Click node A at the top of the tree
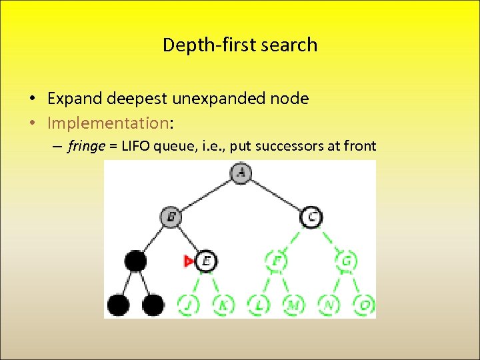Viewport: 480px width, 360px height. point(241,173)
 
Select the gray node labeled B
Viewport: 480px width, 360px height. point(171,217)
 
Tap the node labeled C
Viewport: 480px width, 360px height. point(311,217)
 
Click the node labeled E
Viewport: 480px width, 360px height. point(206,261)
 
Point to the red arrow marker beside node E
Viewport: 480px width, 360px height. point(189,261)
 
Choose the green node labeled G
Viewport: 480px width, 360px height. point(347,261)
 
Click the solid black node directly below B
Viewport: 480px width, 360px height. point(135,261)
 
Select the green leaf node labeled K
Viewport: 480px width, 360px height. point(223,305)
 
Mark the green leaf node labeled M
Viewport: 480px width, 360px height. point(293,305)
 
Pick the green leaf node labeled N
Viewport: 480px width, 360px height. point(329,305)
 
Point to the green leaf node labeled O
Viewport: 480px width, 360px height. point(364,305)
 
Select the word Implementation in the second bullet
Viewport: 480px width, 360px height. point(108,123)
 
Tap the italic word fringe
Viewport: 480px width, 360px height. point(85,147)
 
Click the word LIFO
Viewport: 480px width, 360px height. point(135,147)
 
